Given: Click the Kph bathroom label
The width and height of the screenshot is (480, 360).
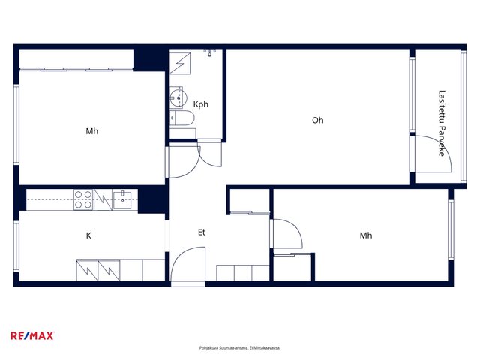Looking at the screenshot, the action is click(x=201, y=104).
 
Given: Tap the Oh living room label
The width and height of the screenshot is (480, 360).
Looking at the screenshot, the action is click(x=318, y=120).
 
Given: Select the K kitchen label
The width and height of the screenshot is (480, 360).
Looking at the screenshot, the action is click(x=88, y=235).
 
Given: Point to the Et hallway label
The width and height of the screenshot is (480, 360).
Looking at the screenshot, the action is click(x=202, y=232).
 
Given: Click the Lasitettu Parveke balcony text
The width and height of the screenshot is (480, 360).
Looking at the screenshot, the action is click(x=442, y=123).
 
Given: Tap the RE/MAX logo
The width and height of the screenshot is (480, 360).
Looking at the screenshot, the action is click(x=32, y=335).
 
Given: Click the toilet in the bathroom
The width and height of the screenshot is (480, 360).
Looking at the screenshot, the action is click(x=181, y=118).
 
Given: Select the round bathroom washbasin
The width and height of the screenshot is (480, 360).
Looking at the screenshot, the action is click(x=178, y=97).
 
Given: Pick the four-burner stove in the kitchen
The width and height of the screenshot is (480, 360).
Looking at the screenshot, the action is click(x=83, y=200).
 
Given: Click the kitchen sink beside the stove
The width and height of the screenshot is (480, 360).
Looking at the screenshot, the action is click(x=122, y=200).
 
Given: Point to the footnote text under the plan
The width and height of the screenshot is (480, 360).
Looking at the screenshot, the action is click(x=240, y=348).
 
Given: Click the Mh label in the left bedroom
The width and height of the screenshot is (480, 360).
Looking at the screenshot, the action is click(x=91, y=131).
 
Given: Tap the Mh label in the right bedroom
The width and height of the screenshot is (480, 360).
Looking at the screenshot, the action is click(x=366, y=235).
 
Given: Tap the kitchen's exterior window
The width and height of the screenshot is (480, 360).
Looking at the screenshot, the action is click(x=16, y=247).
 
